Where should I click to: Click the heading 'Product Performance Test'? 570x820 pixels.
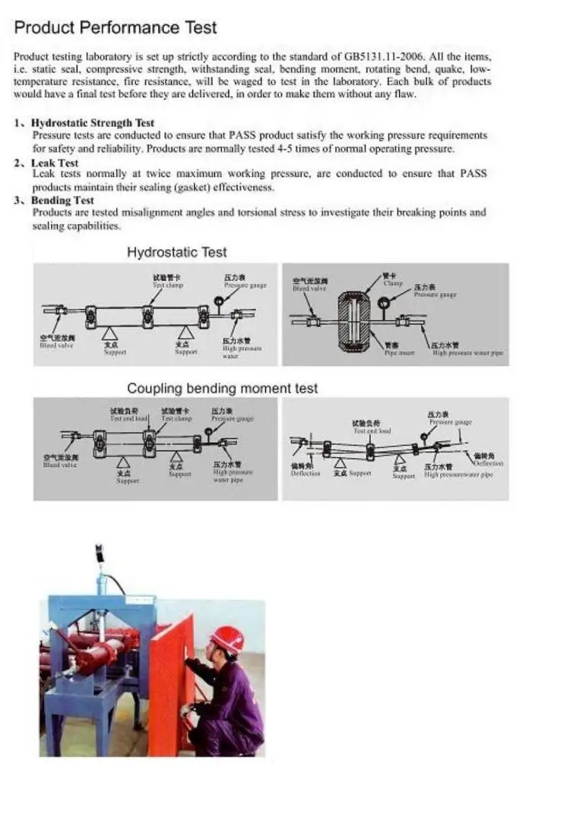point(116,28)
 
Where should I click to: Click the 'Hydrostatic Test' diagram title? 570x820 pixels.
point(176,252)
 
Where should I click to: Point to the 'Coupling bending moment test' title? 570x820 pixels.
point(222,388)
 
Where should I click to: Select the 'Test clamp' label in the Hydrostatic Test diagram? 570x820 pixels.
point(168,285)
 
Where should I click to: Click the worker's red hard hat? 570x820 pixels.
point(226,638)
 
